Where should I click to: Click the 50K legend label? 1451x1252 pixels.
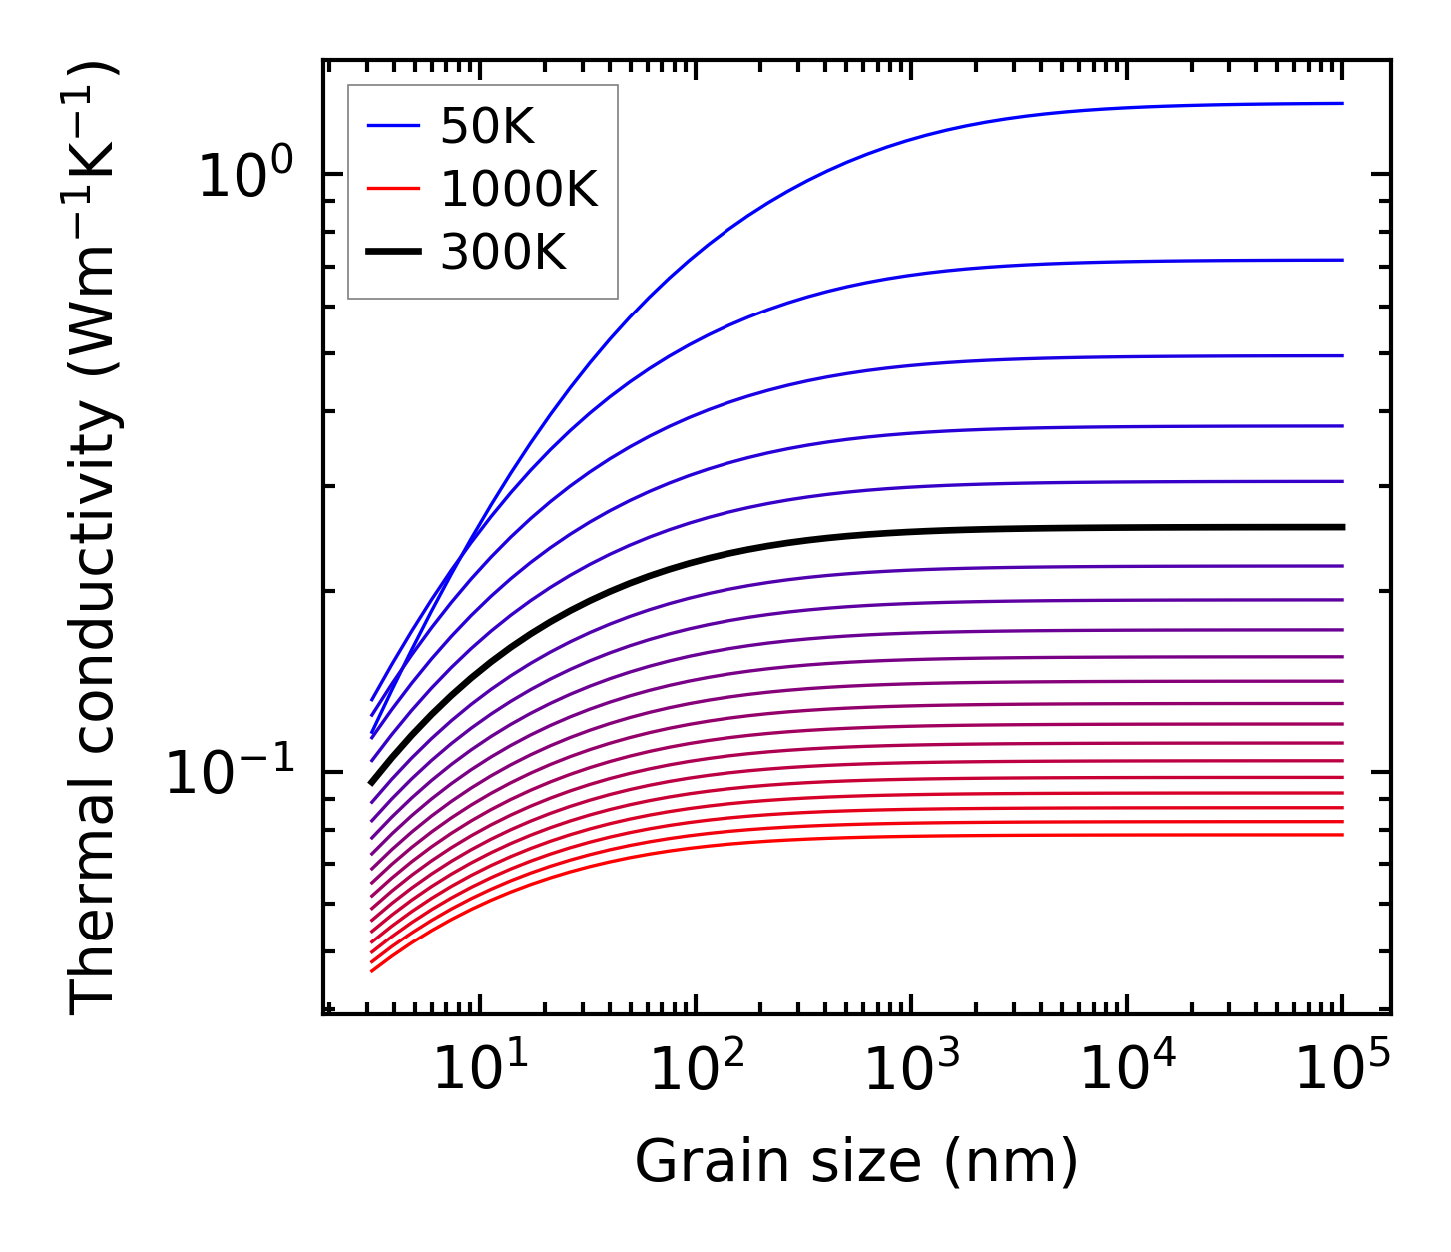pyautogui.click(x=487, y=127)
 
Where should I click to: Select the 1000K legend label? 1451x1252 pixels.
pyautogui.click(x=519, y=190)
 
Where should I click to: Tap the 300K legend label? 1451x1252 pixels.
pyautogui.click(x=503, y=253)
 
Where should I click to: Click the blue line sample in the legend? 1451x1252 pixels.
pyautogui.click(x=394, y=126)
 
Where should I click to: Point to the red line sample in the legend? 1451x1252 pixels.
pyautogui.click(x=394, y=190)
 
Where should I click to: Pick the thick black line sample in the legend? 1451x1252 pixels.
pyautogui.click(x=394, y=253)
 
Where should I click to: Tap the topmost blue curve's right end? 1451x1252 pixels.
pyautogui.click(x=1341, y=103)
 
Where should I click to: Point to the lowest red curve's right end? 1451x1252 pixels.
pyautogui.click(x=1341, y=835)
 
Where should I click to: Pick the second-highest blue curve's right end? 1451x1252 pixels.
pyautogui.click(x=1341, y=260)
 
